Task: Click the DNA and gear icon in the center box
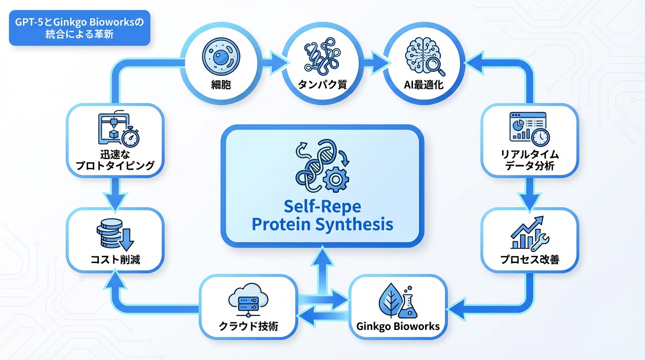(322, 165)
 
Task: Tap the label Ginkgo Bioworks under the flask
(398, 326)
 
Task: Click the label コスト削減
(115, 259)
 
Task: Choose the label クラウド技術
(248, 326)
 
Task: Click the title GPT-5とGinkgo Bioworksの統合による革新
(80, 28)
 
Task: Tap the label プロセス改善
(529, 259)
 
